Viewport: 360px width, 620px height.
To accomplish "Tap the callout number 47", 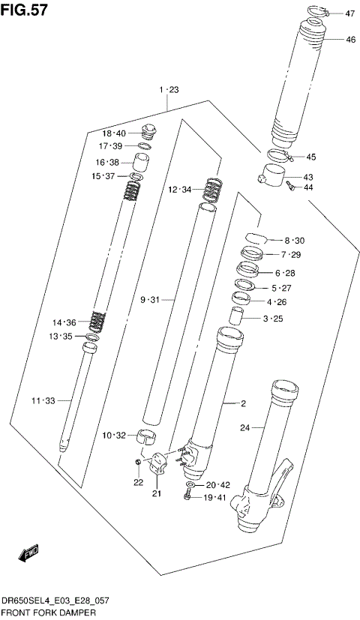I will point(350,13).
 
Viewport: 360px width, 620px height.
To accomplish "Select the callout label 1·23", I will point(169,90).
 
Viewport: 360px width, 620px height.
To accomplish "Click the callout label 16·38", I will point(107,162).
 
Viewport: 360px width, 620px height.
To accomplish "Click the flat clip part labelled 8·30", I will point(256,239).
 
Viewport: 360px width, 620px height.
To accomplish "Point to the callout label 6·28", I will point(285,273).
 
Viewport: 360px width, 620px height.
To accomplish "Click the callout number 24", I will point(244,429).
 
